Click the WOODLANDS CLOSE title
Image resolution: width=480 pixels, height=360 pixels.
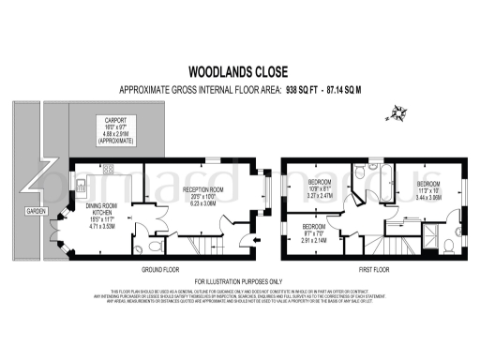pyautogui.click(x=240, y=69)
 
